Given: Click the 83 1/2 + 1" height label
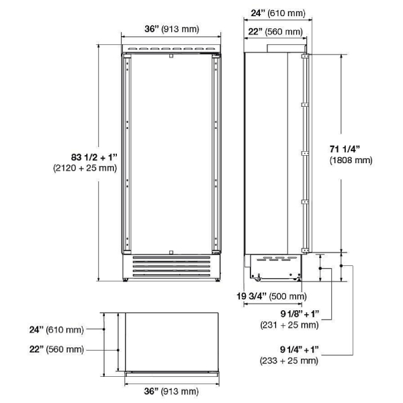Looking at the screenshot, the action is [x=94, y=157].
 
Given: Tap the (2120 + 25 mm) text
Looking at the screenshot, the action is [x=85, y=168].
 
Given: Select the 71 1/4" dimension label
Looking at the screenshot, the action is [x=345, y=149].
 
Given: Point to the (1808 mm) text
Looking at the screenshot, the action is [x=351, y=160].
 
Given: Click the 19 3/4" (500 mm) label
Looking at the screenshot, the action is [x=271, y=296].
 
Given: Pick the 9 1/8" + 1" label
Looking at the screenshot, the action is [x=300, y=314].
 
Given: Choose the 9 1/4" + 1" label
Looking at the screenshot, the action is [x=300, y=349].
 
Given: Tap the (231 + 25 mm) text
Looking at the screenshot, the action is [x=289, y=325].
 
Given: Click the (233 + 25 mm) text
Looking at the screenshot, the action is [x=289, y=361].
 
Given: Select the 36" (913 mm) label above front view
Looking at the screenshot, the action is [x=172, y=29].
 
